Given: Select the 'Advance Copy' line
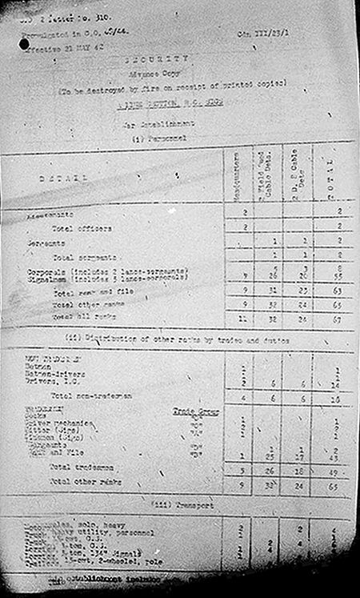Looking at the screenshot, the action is (166, 71).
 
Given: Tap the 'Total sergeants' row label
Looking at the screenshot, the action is (85, 258).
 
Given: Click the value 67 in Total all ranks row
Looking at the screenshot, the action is (338, 318).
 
